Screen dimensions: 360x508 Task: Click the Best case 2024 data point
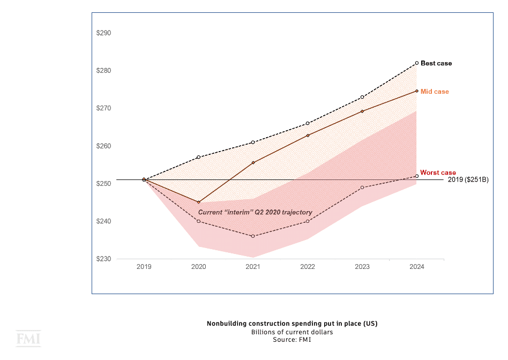(x=416, y=63)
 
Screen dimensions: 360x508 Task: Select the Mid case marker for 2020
(x=198, y=202)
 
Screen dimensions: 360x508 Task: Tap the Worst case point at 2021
(x=253, y=236)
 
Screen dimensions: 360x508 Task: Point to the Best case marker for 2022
(x=308, y=123)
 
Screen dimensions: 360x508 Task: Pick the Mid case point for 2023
(x=362, y=111)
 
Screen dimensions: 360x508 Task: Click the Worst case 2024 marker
(x=416, y=176)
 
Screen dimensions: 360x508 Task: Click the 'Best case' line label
(x=436, y=63)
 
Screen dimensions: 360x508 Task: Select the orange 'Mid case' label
(x=435, y=92)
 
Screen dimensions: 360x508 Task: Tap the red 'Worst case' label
(x=438, y=172)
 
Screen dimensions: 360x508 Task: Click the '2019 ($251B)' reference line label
(x=468, y=179)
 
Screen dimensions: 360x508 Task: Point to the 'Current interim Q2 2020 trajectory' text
(x=255, y=213)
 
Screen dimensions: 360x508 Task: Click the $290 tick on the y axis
(x=103, y=33)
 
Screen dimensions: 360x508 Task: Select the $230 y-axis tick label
(x=103, y=259)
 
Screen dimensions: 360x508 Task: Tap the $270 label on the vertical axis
(x=103, y=108)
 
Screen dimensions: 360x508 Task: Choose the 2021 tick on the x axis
(x=253, y=267)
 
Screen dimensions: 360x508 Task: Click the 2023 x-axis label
(x=362, y=267)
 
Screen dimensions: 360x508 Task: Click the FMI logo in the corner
(x=28, y=339)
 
